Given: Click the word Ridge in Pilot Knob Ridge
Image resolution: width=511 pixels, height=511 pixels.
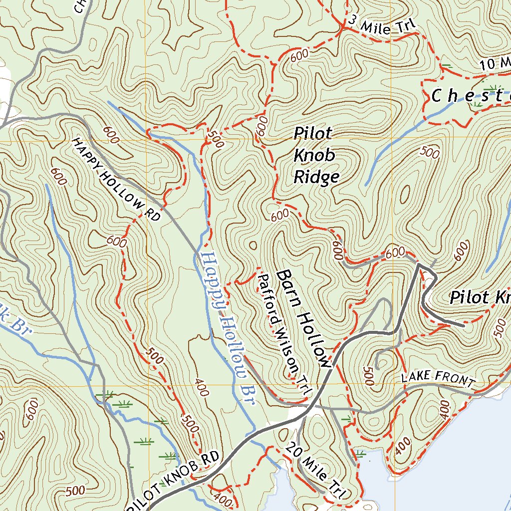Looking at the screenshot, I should coord(316,177).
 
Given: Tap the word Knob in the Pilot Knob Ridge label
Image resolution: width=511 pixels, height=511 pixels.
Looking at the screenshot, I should coord(314,155).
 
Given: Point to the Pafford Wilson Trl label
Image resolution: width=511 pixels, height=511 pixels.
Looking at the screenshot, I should coord(282,335).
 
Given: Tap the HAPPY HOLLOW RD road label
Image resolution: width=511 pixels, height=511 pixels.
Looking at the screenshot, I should coord(117,179).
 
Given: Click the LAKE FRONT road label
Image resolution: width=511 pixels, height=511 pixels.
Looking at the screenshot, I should coord(437,379).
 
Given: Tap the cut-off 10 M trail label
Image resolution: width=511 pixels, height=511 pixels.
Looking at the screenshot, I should coord(495,63).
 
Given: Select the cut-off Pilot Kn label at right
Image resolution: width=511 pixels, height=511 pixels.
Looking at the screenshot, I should coord(479,298).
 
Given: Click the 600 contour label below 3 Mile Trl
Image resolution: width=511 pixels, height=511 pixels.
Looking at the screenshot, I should coord(298,56).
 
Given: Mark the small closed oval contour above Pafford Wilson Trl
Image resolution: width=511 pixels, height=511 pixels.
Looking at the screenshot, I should coord(253,245).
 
